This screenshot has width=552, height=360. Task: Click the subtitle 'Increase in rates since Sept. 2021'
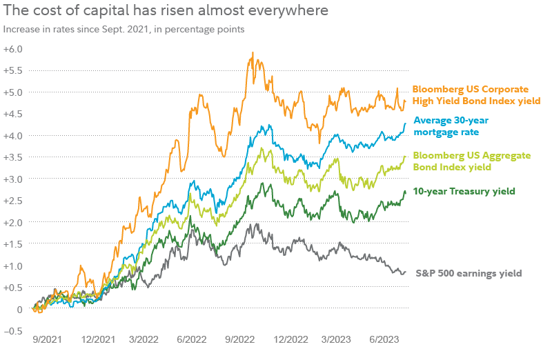pos(124,30)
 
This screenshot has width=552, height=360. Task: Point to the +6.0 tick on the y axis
pos(13,49)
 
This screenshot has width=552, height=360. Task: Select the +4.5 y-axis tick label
pos(13,114)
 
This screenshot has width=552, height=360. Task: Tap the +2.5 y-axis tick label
pos(13,201)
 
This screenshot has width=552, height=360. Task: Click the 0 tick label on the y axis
pos(19,309)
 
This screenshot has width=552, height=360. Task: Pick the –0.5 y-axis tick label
pos(13,330)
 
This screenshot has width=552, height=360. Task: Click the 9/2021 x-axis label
pos(47,340)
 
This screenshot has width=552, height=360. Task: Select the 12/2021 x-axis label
pos(97,340)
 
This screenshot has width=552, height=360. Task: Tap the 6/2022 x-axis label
pos(192,340)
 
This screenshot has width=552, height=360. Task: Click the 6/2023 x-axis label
pos(384,340)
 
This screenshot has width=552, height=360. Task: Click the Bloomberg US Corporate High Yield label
pos(475,94)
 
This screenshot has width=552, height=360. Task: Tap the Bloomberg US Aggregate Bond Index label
pos(462,161)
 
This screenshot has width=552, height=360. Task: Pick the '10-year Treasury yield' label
pos(464,191)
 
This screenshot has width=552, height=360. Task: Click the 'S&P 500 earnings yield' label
pos(469,273)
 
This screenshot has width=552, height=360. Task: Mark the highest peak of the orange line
pos(253,52)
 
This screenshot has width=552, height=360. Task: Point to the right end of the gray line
pos(405,272)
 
